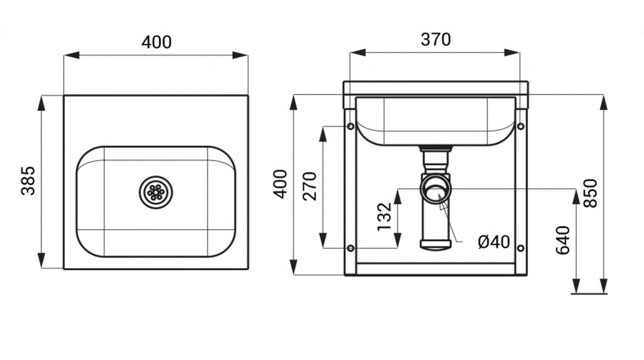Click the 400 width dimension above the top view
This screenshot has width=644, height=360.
pyautogui.click(x=157, y=42)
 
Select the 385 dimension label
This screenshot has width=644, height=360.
pyautogui.click(x=28, y=181)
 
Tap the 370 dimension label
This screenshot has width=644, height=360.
pyautogui.click(x=436, y=40)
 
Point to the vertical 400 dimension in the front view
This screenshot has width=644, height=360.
pyautogui.click(x=280, y=184)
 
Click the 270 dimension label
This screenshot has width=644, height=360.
pyautogui.click(x=309, y=186)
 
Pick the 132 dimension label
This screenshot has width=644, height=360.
pyautogui.click(x=385, y=217)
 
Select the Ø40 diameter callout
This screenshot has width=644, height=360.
pyautogui.click(x=494, y=242)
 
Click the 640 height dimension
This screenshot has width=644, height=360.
pyautogui.click(x=563, y=240)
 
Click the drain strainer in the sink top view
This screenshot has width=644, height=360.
pyautogui.click(x=156, y=192)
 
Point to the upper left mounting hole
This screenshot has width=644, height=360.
pyautogui.click(x=350, y=126)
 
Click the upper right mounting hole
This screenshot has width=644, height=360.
pyautogui.click(x=520, y=126)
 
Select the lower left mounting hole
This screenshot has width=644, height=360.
pyautogui.click(x=350, y=248)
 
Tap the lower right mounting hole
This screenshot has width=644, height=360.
pyautogui.click(x=520, y=248)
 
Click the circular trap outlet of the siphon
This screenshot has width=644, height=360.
pyautogui.click(x=435, y=189)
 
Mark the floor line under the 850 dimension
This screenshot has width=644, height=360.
pyautogui.click(x=589, y=294)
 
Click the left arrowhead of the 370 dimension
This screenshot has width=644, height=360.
pyautogui.click(x=357, y=53)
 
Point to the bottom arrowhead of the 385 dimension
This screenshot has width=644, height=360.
pyautogui.click(x=41, y=261)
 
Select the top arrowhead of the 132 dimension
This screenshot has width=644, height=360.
pyautogui.click(x=397, y=196)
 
